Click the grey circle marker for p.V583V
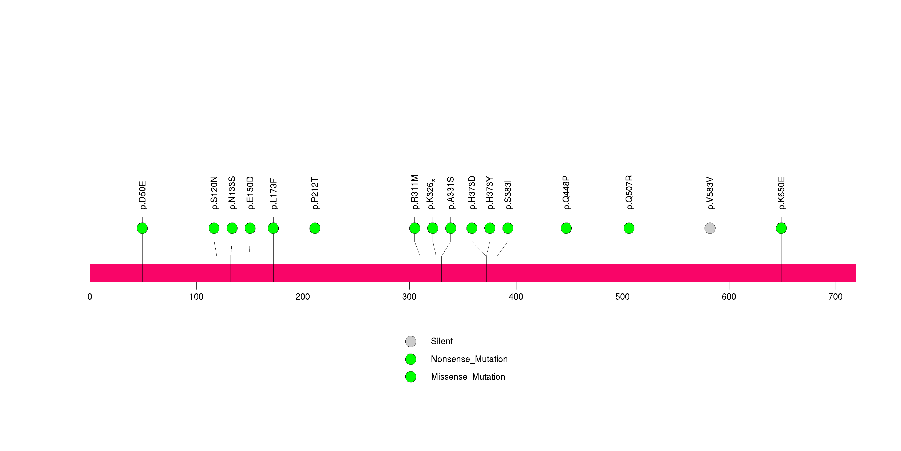[710, 228]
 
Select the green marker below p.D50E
[142, 228]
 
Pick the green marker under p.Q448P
[566, 228]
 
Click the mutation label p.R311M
[415, 192]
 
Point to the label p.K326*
[431, 194]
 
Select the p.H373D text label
[472, 193]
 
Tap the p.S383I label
[508, 195]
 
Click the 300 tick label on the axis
[409, 297]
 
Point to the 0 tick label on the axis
[90, 297]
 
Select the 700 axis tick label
[835, 297]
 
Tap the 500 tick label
[622, 297]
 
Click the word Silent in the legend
[441, 341]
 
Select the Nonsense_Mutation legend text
[469, 359]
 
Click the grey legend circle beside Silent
[411, 341]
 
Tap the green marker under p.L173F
[273, 228]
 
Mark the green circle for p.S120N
[214, 228]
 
